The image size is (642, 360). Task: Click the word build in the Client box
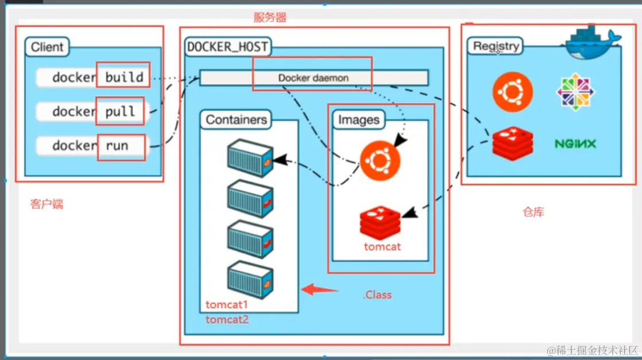123,76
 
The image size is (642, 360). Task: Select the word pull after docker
119,111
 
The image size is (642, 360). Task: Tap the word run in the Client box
117,145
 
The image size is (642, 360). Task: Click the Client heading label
47,47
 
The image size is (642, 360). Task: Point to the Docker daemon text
313,78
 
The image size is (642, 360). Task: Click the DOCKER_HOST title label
227,47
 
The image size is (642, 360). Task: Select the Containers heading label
236,120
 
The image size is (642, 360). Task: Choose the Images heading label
358,120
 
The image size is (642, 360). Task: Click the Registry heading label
496,46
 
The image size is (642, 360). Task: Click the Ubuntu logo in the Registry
512,91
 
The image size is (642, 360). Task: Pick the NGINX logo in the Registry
575,144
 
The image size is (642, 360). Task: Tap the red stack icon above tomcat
380,222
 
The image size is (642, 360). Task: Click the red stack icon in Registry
512,143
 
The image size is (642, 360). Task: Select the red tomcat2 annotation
227,320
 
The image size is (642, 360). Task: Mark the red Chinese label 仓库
532,212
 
